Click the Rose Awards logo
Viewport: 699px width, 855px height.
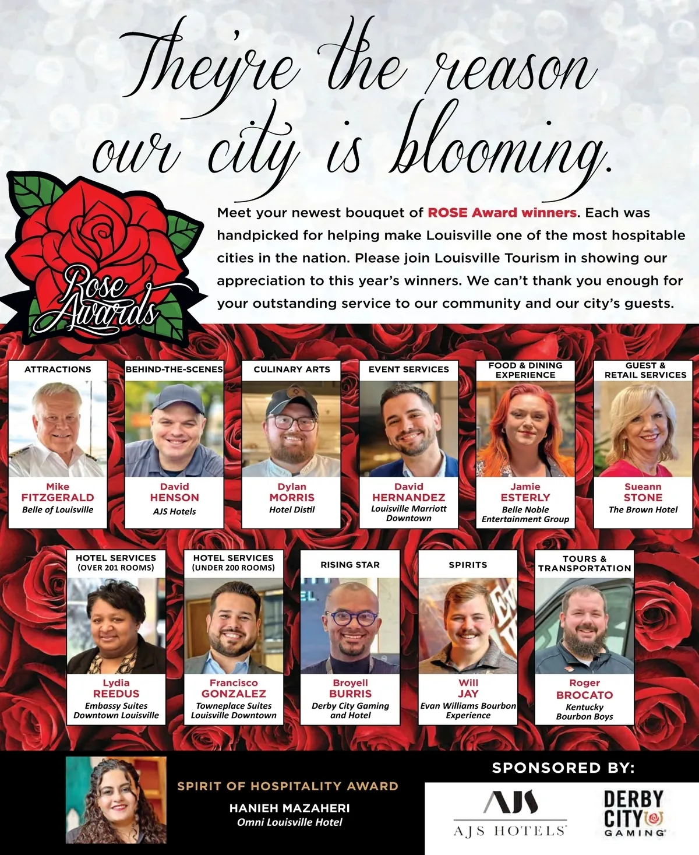(x=99, y=256)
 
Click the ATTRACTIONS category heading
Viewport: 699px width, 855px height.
(x=58, y=370)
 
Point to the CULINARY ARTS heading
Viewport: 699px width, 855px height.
(x=292, y=370)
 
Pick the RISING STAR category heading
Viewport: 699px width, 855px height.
(x=350, y=565)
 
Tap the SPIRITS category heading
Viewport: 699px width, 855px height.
(x=468, y=565)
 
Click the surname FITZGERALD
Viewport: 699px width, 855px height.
(x=58, y=498)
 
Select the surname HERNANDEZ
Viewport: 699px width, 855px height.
(x=408, y=498)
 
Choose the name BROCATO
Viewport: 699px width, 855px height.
(x=584, y=695)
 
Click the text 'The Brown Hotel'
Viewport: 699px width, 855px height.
(x=643, y=510)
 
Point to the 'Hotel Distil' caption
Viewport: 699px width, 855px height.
(x=292, y=510)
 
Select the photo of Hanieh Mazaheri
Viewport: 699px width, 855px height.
(x=116, y=800)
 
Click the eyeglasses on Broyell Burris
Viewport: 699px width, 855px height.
(x=351, y=618)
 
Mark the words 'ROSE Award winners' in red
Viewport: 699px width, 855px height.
(x=502, y=213)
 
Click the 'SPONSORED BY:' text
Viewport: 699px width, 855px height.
(x=563, y=768)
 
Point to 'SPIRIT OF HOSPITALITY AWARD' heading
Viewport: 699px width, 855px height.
(x=288, y=786)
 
